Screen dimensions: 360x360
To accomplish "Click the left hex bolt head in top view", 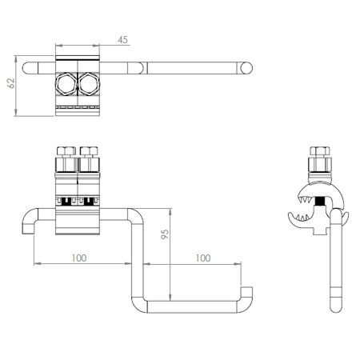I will [x=65, y=84].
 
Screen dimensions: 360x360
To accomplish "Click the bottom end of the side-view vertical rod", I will [x=336, y=310].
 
